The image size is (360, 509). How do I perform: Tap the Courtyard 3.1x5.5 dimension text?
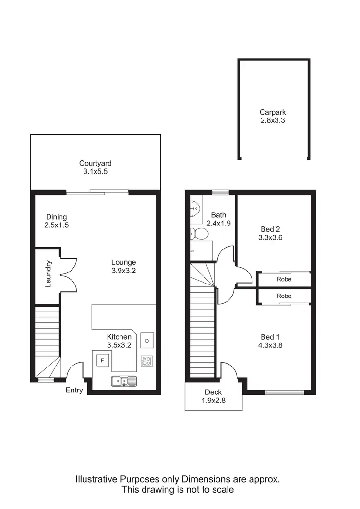click(x=95, y=171)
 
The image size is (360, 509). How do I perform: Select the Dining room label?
click(x=57, y=217)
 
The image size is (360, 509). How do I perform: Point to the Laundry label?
click(x=48, y=274)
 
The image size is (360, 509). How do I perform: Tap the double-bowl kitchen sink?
click(x=124, y=381)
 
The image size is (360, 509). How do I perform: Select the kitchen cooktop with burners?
click(x=146, y=361)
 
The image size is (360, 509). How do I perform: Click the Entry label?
click(x=74, y=390)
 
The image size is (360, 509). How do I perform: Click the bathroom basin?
click(x=196, y=208)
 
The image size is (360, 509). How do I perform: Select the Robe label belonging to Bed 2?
click(x=284, y=279)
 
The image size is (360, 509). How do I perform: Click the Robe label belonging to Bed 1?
click(x=284, y=296)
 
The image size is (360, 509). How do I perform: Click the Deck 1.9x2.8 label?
click(x=213, y=396)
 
